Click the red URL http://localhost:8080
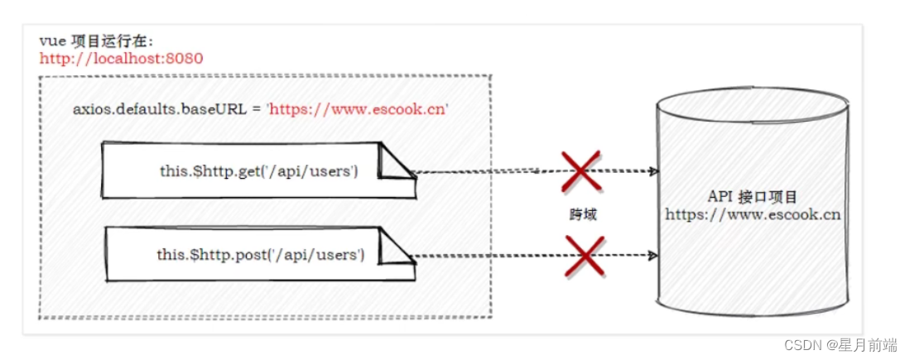tap(121, 58)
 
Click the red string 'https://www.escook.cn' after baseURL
tap(357, 109)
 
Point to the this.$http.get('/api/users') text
tap(258, 171)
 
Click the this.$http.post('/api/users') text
tap(260, 254)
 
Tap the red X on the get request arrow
tap(581, 171)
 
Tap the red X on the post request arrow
tap(585, 254)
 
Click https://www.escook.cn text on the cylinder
tap(753, 214)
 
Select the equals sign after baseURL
tap(255, 109)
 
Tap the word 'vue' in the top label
tap(51, 41)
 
